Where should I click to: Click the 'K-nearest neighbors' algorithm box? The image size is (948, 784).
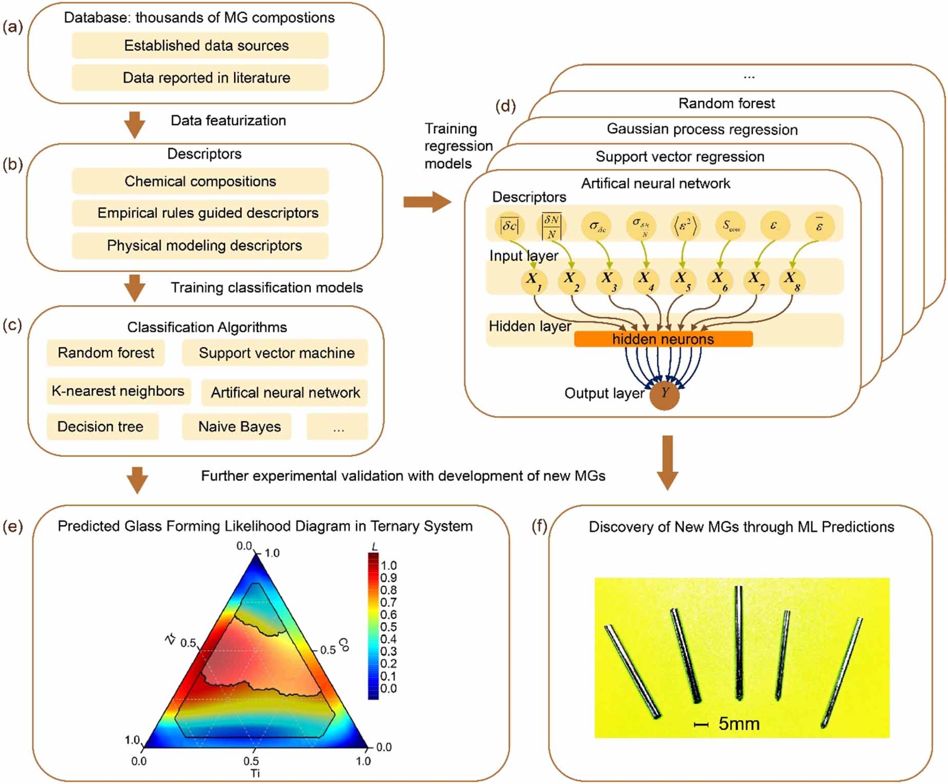[118, 391]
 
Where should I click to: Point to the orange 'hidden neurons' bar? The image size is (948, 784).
[663, 339]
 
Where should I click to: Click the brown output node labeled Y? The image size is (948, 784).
[664, 395]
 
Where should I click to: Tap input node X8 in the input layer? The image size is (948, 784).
[791, 281]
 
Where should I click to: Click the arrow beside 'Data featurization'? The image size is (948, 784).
[135, 125]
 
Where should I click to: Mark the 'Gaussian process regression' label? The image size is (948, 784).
[702, 129]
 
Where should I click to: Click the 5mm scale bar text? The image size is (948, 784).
[738, 724]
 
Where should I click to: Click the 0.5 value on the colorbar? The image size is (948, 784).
[388, 627]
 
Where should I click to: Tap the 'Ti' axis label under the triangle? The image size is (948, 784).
[255, 773]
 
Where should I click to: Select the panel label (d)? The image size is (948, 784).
[505, 106]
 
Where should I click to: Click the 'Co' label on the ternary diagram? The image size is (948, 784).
[344, 645]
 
